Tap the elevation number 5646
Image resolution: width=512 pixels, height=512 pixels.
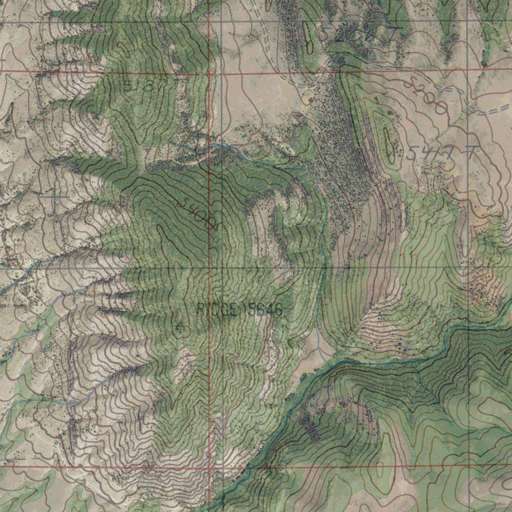[263, 310]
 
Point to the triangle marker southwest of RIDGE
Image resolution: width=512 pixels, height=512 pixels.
[180, 327]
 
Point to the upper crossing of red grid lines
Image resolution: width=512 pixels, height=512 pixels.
[208, 74]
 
